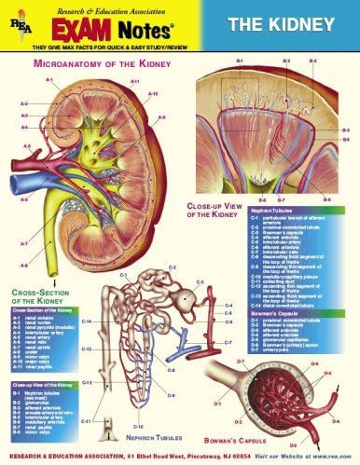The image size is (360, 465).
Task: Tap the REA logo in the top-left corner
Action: (x=16, y=21)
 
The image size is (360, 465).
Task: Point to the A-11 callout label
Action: (x=135, y=82)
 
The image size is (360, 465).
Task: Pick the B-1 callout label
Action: (x=241, y=61)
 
